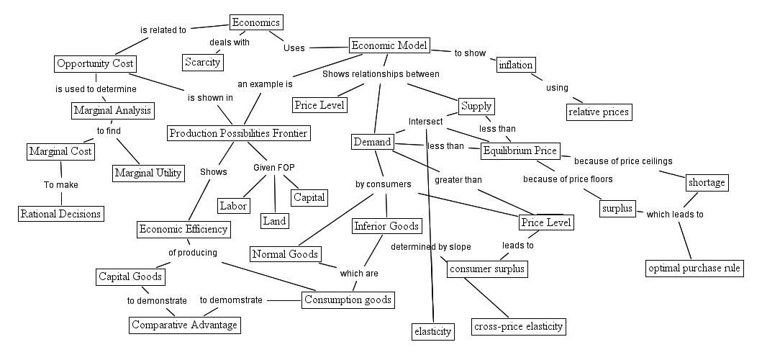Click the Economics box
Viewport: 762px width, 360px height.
click(x=255, y=23)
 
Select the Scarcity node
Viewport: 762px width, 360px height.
click(x=202, y=62)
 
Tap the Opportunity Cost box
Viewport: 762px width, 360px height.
click(x=94, y=63)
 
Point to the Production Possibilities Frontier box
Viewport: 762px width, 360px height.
click(x=238, y=133)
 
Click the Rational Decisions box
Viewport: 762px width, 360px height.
click(x=60, y=213)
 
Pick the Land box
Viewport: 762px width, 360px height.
click(x=274, y=221)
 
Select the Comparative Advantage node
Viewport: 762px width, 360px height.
click(x=184, y=325)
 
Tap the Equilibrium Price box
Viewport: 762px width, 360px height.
click(x=520, y=150)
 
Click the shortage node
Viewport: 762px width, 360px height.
click(x=707, y=183)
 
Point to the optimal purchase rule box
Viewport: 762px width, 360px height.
click(x=694, y=269)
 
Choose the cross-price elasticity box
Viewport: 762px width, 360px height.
click(x=518, y=327)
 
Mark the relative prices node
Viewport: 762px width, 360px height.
click(x=599, y=112)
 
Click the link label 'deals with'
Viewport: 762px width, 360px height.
click(x=229, y=42)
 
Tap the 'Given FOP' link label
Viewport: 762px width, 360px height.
click(x=273, y=168)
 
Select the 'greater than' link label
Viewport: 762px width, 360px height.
click(x=458, y=180)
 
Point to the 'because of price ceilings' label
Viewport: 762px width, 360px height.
click(x=622, y=161)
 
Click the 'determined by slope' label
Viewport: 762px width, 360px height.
click(x=431, y=247)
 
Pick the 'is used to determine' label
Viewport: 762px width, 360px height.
click(x=96, y=89)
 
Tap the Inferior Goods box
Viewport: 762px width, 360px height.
click(x=386, y=227)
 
